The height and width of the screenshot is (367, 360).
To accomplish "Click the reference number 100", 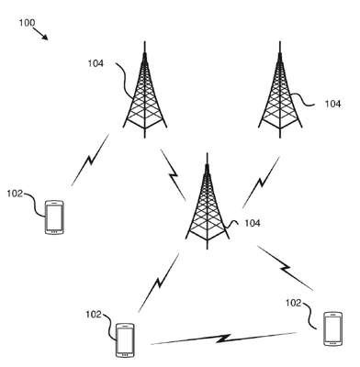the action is click(x=27, y=23).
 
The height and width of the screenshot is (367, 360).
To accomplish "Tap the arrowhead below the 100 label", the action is click(x=45, y=38).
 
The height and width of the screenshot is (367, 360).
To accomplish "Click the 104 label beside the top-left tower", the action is click(x=96, y=63).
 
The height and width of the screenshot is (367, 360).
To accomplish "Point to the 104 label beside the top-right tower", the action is click(x=332, y=105).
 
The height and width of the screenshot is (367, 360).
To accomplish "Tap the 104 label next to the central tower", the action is click(x=253, y=223).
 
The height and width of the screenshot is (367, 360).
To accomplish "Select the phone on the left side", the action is click(x=54, y=217).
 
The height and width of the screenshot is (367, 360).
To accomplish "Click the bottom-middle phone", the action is click(x=125, y=340).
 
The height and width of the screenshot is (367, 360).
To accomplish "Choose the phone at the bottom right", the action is click(x=332, y=328).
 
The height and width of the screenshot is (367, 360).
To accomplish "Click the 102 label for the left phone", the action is click(x=15, y=194).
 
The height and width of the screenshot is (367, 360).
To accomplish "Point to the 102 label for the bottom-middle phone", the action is click(x=94, y=315).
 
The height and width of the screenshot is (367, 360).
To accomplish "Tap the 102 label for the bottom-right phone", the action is click(x=294, y=303).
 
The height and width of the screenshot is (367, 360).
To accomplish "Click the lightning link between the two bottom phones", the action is click(x=224, y=339).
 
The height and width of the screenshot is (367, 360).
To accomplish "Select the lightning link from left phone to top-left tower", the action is click(x=90, y=160).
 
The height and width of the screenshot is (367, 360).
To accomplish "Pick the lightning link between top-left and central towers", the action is click(x=174, y=175).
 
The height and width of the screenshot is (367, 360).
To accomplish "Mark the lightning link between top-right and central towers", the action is click(x=261, y=183).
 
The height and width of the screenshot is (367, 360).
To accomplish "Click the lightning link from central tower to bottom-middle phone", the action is click(x=159, y=283).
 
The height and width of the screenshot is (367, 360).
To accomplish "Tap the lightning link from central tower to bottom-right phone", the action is click(x=286, y=268).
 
